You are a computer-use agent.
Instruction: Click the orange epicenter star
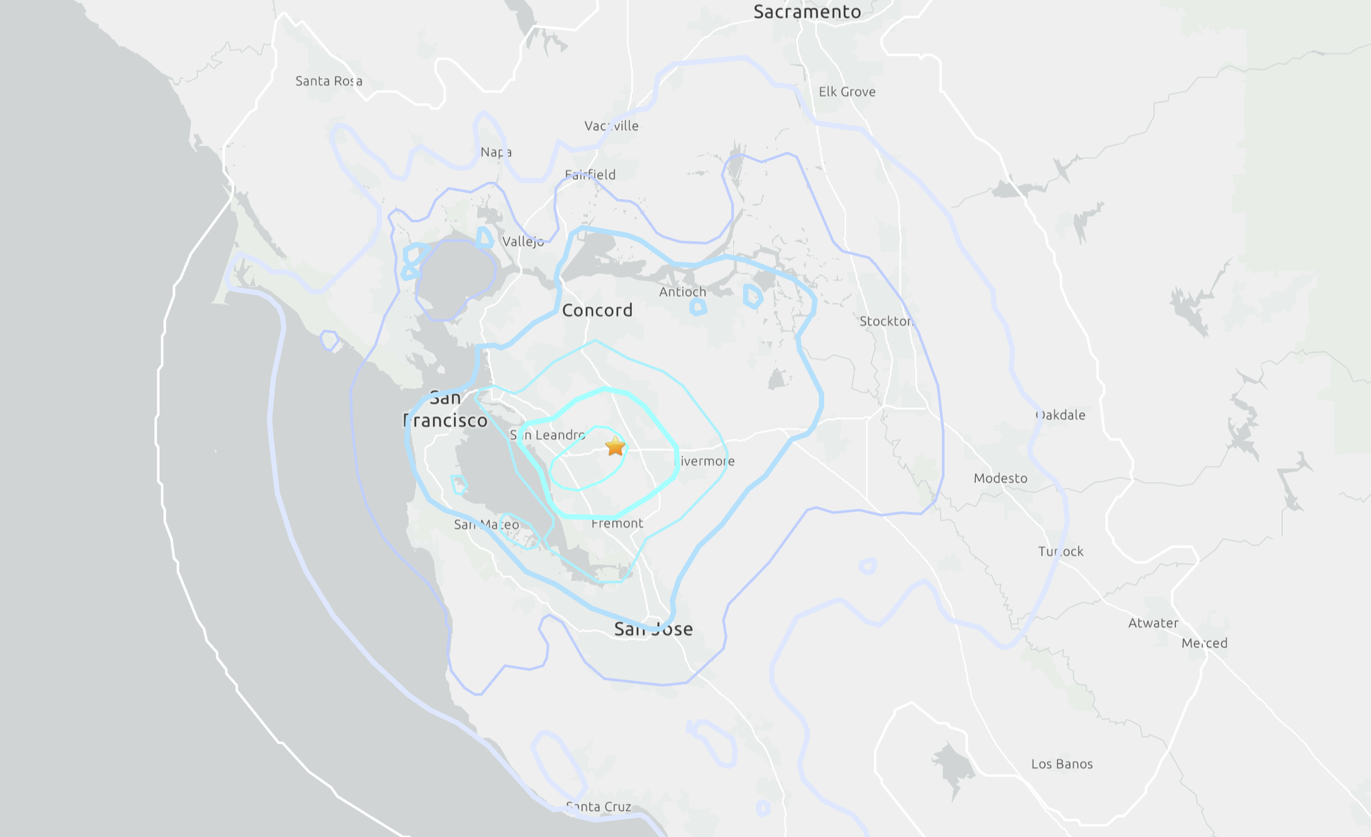click(615, 446)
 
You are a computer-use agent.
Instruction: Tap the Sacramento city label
click(807, 12)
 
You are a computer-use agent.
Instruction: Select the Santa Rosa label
click(329, 81)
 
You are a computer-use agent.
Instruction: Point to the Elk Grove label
click(847, 92)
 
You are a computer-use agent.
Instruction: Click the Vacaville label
click(611, 126)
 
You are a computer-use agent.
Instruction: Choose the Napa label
click(496, 152)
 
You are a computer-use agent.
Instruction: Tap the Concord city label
click(597, 310)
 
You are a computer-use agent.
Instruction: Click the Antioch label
click(682, 292)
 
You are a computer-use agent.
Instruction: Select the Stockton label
click(886, 321)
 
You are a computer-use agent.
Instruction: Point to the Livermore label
click(704, 461)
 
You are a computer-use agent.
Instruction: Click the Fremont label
click(617, 523)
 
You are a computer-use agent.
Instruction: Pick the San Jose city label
click(653, 629)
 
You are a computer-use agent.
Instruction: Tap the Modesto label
click(1000, 478)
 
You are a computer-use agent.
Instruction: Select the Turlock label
click(1060, 551)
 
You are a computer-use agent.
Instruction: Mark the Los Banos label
click(1062, 764)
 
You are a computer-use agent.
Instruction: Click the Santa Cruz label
click(598, 807)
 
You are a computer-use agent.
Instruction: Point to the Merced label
click(1204, 643)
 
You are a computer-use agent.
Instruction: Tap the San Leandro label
click(548, 435)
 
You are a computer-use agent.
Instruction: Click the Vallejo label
click(523, 242)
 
